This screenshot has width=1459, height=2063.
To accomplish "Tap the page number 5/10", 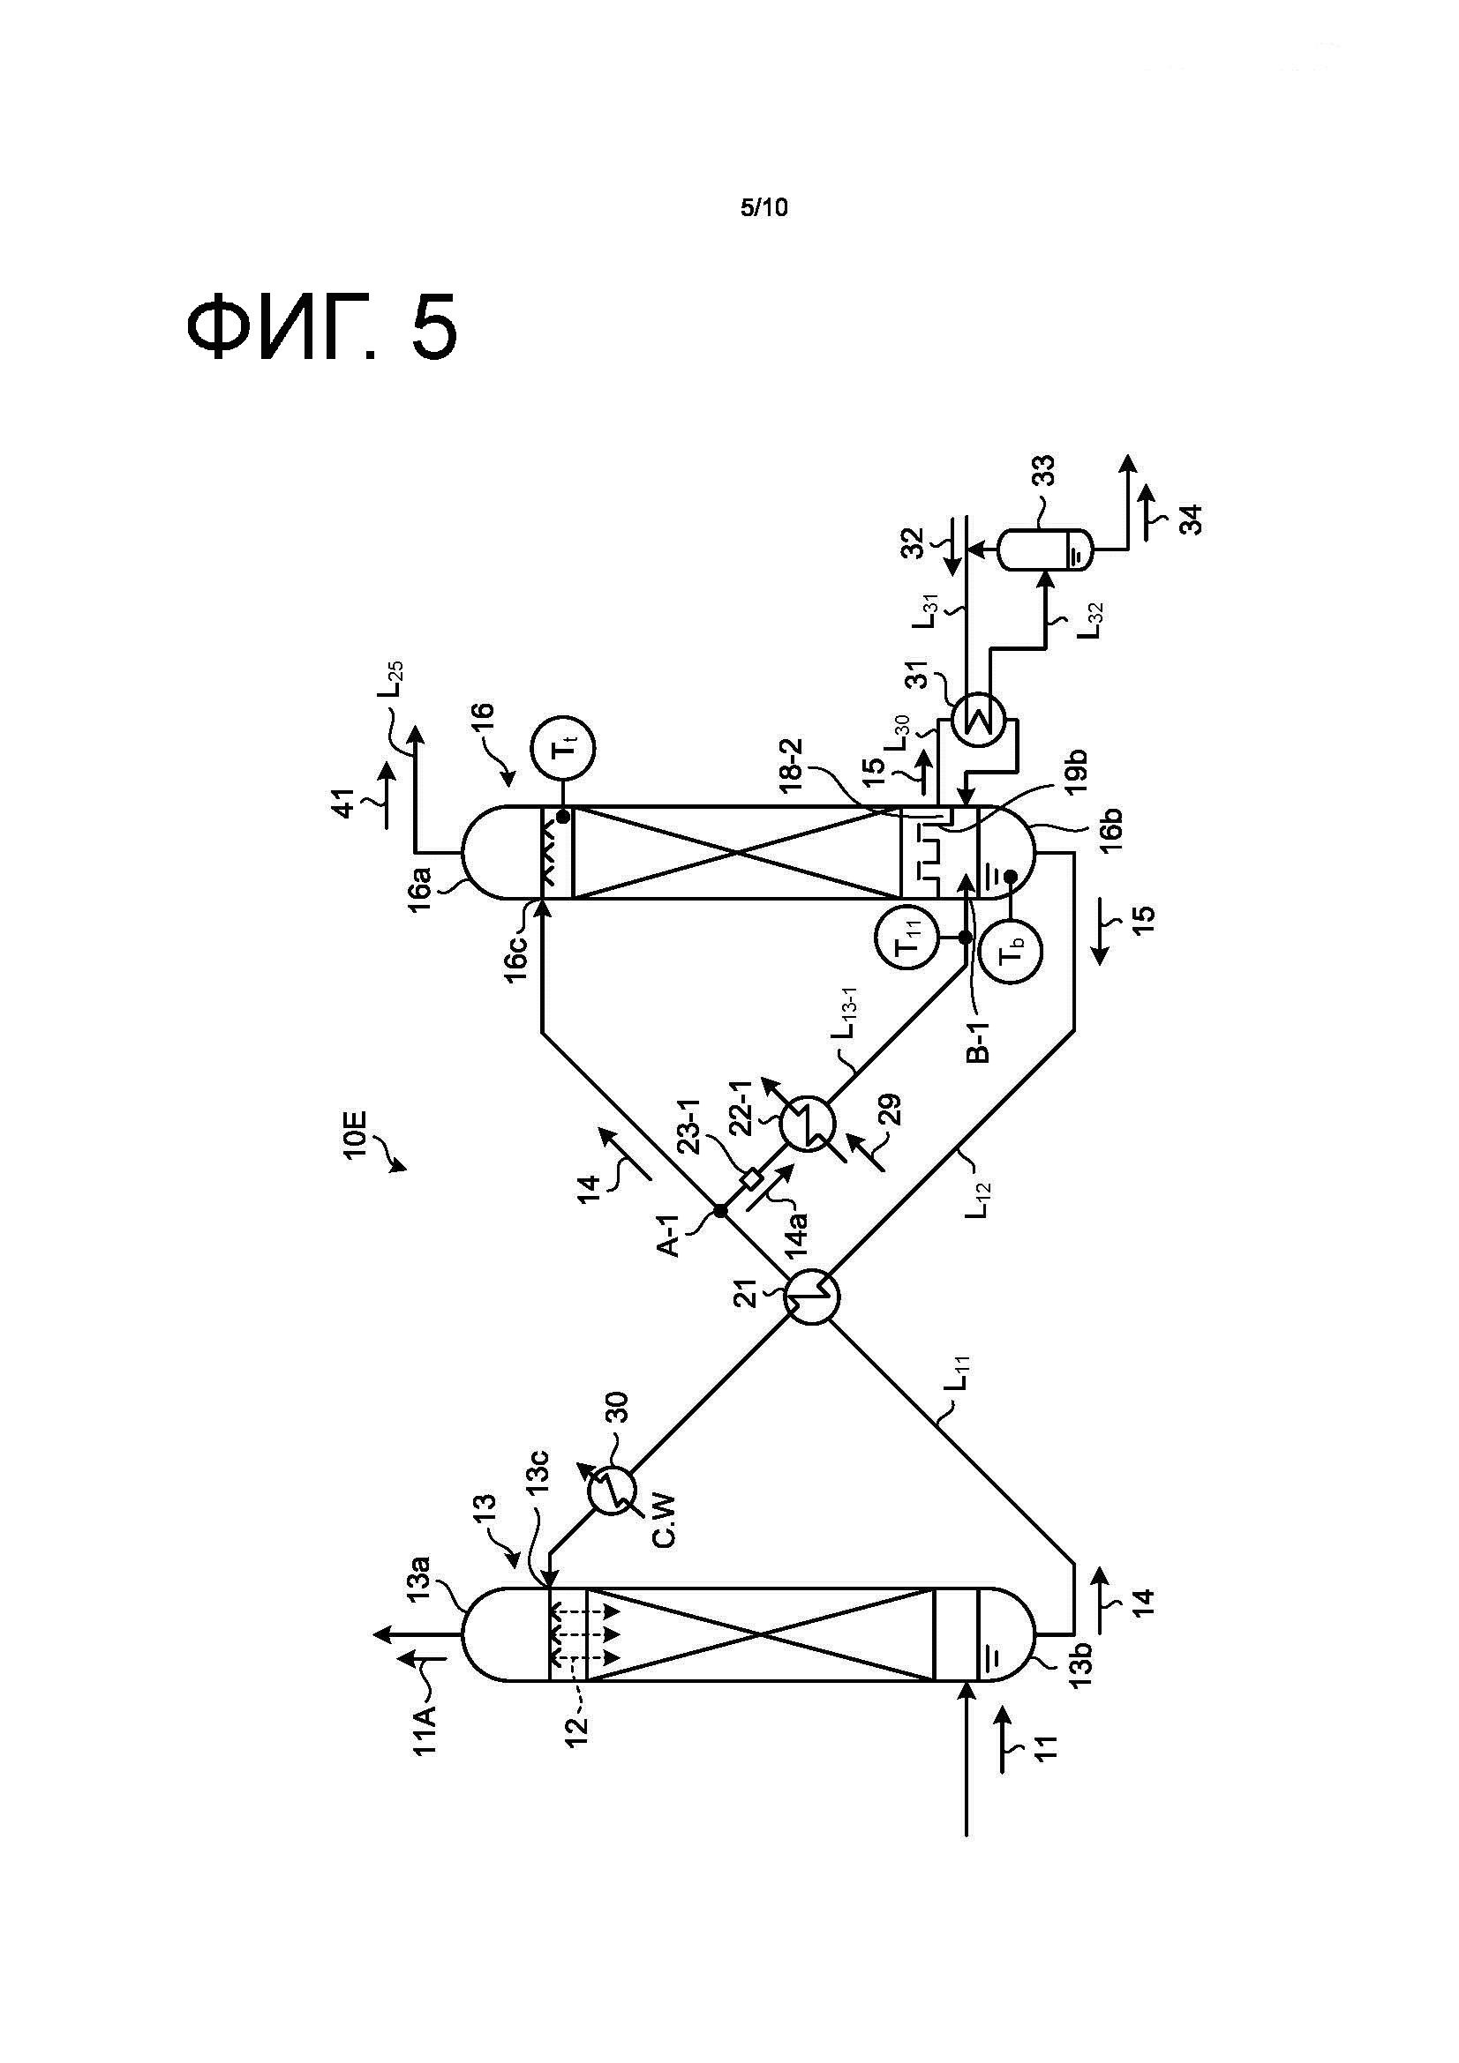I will tap(763, 208).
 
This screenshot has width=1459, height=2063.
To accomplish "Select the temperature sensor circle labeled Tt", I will tap(564, 748).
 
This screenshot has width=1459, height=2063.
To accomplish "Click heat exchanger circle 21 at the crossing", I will tap(812, 1295).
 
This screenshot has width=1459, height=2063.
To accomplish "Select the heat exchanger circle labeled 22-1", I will tap(808, 1123).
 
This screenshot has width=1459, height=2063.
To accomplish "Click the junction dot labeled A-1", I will tap(720, 1211).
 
